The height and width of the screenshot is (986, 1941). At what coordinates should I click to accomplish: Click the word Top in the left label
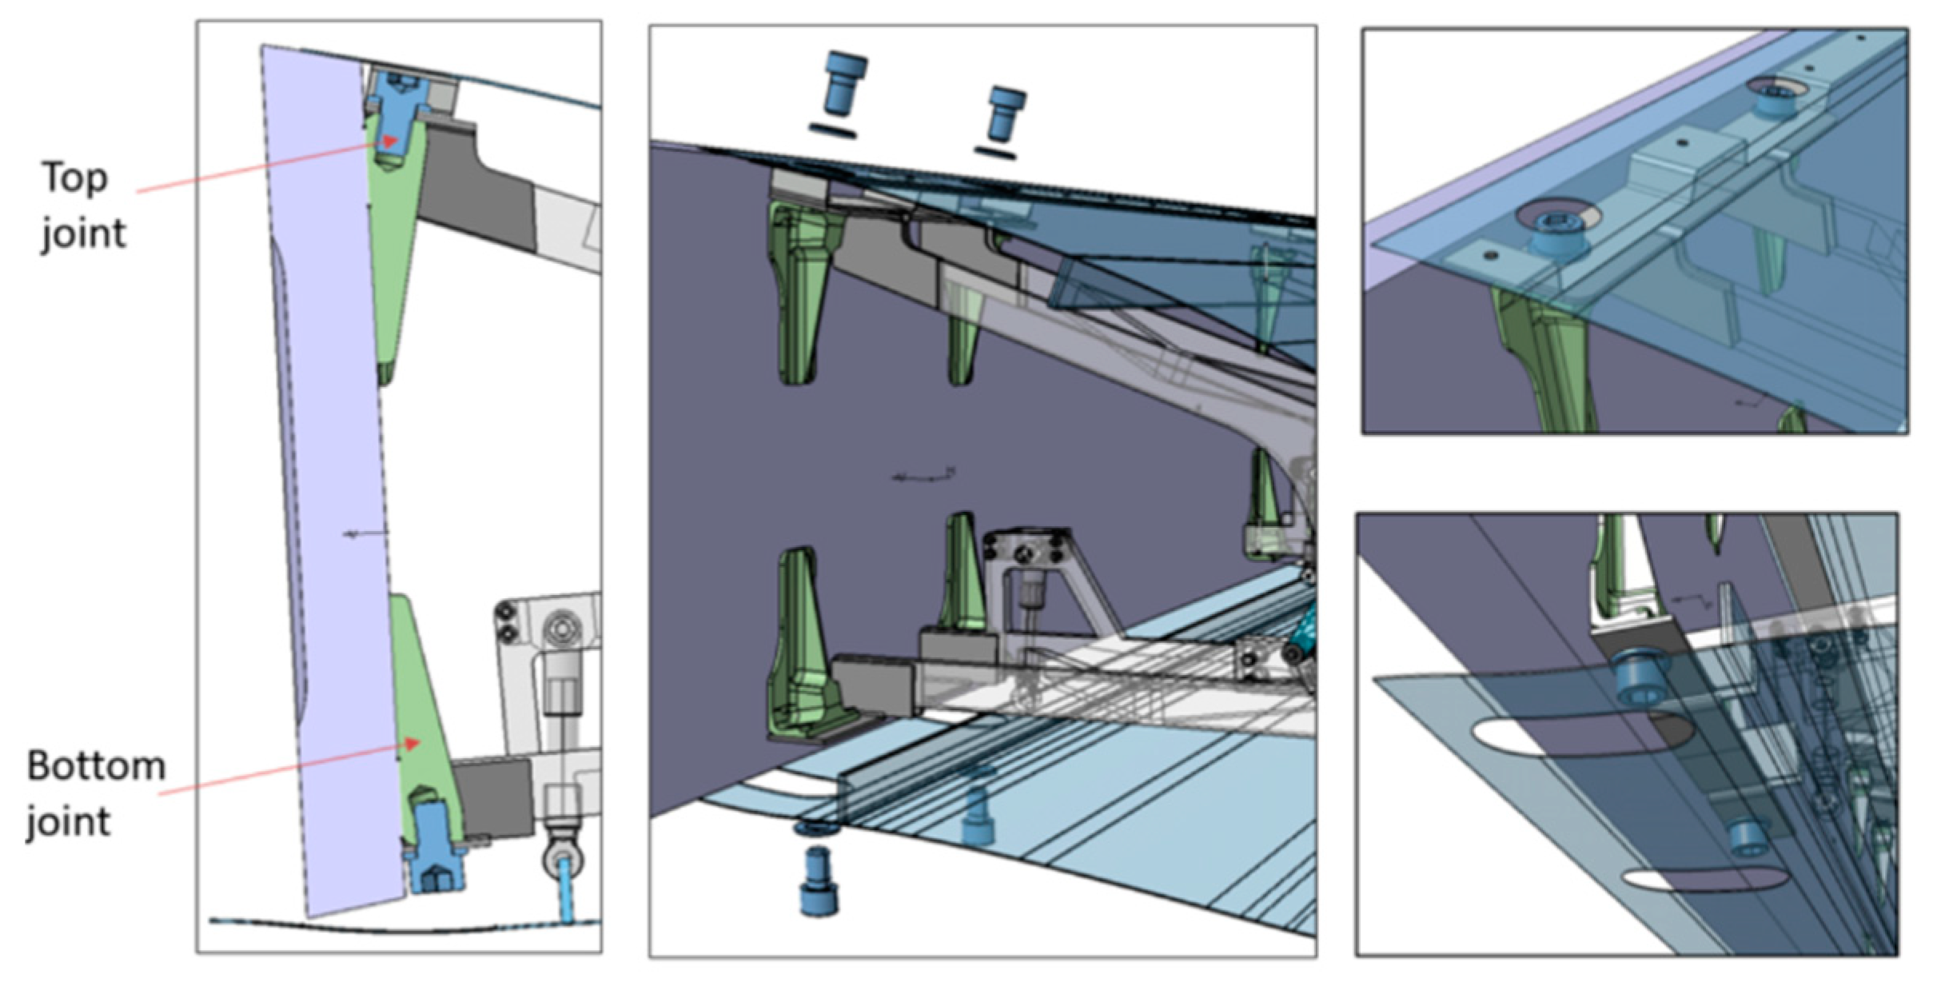[74, 178]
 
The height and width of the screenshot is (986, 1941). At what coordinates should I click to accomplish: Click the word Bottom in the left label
[96, 766]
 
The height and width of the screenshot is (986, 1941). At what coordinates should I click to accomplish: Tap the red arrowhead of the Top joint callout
[389, 142]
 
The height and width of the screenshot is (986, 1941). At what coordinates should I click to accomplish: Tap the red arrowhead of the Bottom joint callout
[411, 744]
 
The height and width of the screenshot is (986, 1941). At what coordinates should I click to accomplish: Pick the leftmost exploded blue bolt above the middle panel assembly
[843, 83]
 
